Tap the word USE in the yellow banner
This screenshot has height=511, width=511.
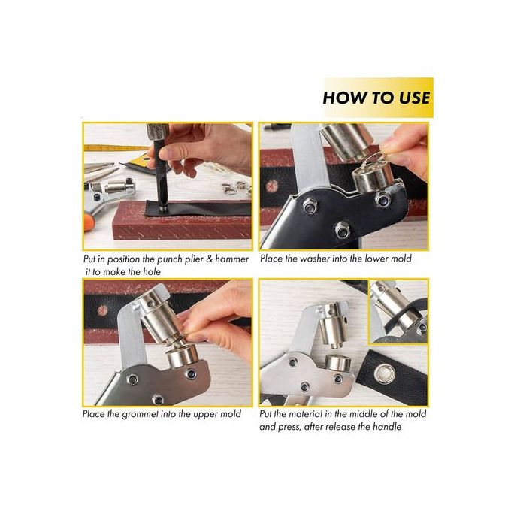coord(414,98)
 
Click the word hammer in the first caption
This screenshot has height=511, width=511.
coord(231,259)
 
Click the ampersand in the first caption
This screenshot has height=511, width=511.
coord(210,259)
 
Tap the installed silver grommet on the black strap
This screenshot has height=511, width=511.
coord(385,372)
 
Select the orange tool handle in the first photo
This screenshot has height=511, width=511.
coord(89,222)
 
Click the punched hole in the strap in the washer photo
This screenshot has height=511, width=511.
coord(272,186)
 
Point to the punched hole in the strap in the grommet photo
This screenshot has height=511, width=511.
coord(103,310)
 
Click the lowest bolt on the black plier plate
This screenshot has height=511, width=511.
coord(343,229)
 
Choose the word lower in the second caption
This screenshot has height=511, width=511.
coord(376,259)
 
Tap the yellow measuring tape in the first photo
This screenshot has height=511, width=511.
coord(116,149)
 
